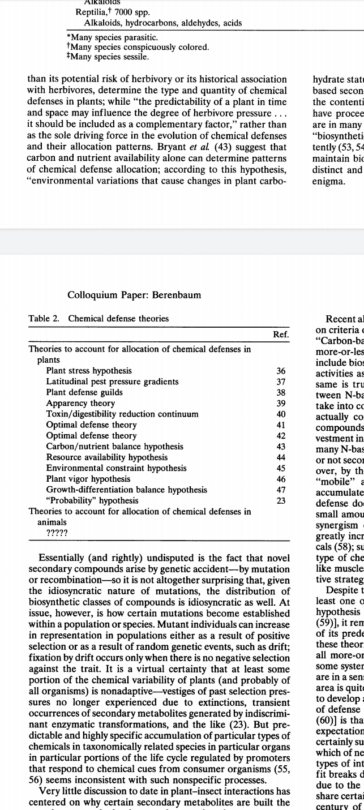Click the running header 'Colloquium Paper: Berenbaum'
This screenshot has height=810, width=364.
click(134, 295)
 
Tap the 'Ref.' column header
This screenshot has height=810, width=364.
click(281, 335)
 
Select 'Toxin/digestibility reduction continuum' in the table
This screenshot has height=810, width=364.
click(122, 414)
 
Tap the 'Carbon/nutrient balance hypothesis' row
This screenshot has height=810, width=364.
click(114, 446)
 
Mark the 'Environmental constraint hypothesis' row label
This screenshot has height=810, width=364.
click(116, 468)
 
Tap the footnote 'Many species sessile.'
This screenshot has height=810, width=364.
click(108, 57)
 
